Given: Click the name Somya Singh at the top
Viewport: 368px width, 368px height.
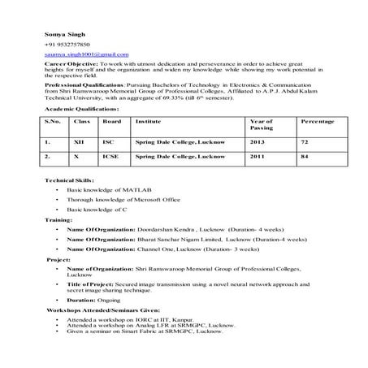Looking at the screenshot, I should pyautogui.click(x=59, y=34).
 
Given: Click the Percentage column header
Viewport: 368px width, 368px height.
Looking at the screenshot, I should pyautogui.click(x=317, y=121).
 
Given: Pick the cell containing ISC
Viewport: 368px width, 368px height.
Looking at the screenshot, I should pyautogui.click(x=108, y=141).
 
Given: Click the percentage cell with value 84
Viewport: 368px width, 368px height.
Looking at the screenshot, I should pyautogui.click(x=305, y=154).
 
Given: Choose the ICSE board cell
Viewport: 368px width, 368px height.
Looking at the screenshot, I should pyautogui.click(x=110, y=154).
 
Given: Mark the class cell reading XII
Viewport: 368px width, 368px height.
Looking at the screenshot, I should pyautogui.click(x=80, y=141).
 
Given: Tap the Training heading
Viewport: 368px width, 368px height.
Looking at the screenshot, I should pyautogui.click(x=58, y=219).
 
